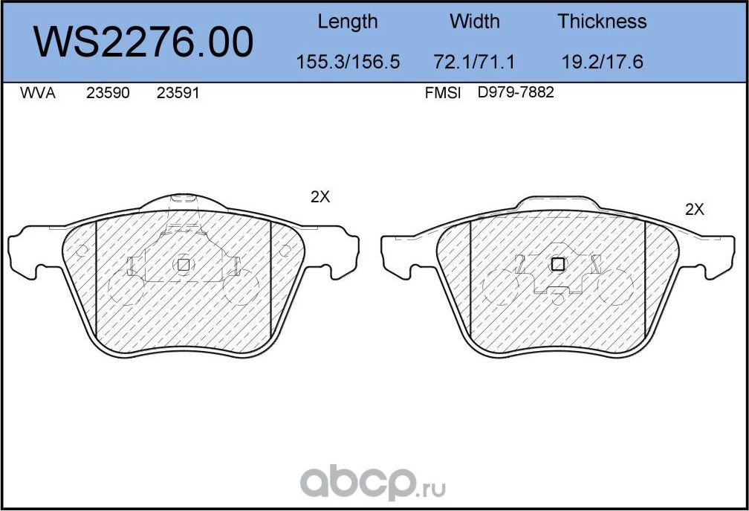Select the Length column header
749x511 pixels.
pyautogui.click(x=347, y=22)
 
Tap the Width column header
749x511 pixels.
pyautogui.click(x=475, y=22)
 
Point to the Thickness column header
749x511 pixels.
pyautogui.click(x=602, y=22)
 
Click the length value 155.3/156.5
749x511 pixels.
pyautogui.click(x=348, y=62)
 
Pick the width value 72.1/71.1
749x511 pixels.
pyautogui.click(x=475, y=62)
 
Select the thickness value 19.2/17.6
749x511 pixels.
pyautogui.click(x=602, y=62)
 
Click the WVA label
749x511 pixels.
pyautogui.click(x=37, y=94)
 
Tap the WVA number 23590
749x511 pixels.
pyautogui.click(x=108, y=94)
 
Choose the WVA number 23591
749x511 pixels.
pyautogui.click(x=178, y=94)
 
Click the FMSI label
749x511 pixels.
pyautogui.click(x=443, y=94)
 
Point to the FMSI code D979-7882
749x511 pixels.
pyautogui.click(x=516, y=94)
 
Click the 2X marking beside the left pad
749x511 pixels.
pyautogui.click(x=320, y=197)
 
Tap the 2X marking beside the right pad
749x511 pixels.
pyautogui.click(x=694, y=210)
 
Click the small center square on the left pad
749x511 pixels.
pyautogui.click(x=183, y=264)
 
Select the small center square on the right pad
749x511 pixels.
pyautogui.click(x=557, y=264)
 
